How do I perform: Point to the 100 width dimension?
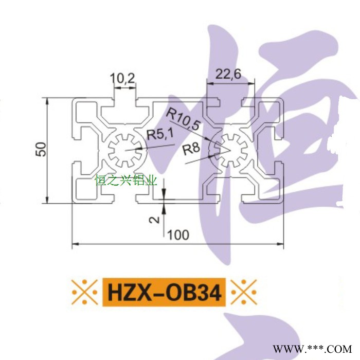click(178, 235)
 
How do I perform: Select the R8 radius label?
click(191, 149)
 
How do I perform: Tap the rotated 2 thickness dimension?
click(153, 220)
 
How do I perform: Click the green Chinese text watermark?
click(125, 180)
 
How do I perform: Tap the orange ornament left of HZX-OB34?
click(84, 293)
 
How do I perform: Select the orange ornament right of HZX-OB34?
click(243, 293)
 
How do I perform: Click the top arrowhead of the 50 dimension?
click(47, 100)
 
